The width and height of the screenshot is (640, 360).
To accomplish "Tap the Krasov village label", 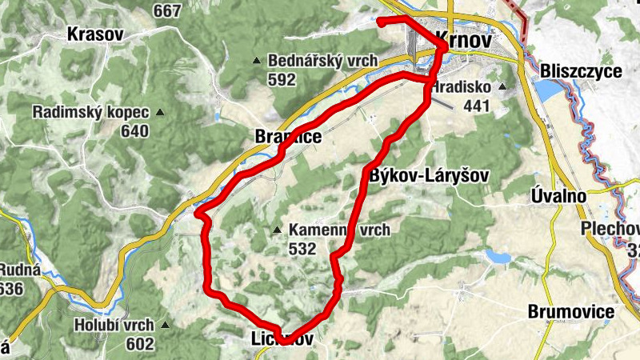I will tap(95, 34).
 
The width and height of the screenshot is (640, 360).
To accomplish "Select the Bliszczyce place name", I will tap(581, 71).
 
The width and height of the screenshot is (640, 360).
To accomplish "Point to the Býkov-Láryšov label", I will tap(430, 174).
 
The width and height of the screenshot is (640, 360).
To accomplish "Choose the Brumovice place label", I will tap(570, 311).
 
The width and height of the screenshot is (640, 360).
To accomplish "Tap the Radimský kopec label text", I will tap(92, 112).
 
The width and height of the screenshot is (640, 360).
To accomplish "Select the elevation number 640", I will tap(136, 131).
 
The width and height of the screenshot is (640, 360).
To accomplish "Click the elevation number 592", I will tap(282, 80).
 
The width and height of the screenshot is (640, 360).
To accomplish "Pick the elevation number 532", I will tap(302, 249).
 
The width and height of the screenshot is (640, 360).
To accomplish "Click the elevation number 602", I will tap(139, 344).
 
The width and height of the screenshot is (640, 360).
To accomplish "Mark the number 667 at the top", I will tap(167, 11).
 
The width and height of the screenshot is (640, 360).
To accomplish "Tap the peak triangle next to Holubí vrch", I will tap(165, 325).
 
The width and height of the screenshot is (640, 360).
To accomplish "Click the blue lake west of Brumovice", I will tap(496, 258).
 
